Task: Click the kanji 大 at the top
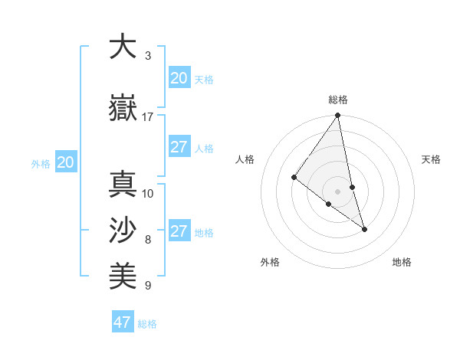123,47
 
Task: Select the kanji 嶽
123,107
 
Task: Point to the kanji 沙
123,230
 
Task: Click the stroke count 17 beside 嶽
148,117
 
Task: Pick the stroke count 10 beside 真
148,193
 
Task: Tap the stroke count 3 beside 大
148,56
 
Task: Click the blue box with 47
123,322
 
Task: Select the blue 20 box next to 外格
65,162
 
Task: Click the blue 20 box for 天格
179,78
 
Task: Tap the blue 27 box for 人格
179,147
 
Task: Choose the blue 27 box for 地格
179,231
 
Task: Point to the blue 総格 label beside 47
147,324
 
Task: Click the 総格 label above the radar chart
338,100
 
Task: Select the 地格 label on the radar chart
402,262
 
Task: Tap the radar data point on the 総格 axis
338,116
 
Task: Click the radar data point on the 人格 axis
294,177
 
